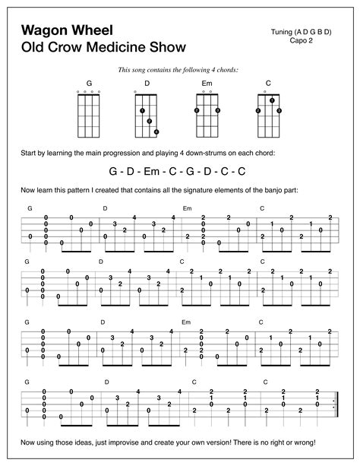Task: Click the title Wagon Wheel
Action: coord(67,30)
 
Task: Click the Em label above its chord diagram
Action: coord(207,82)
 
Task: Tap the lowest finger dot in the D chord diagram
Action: coord(156,132)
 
